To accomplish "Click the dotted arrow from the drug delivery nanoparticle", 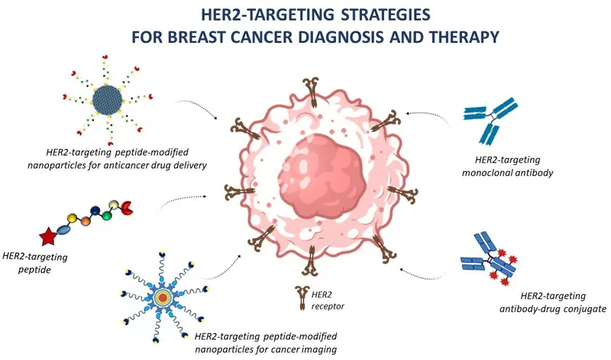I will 200,107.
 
